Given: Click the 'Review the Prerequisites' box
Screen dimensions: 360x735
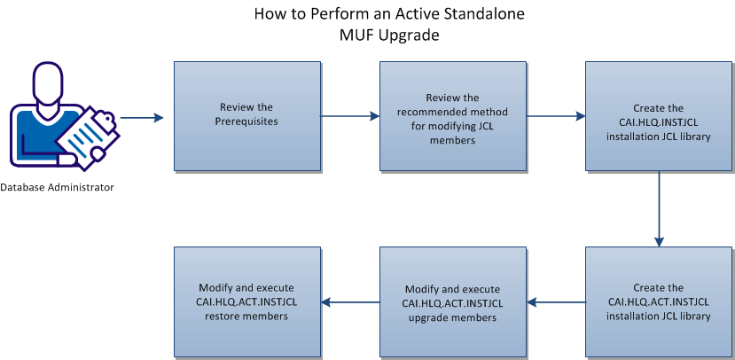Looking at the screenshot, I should tap(246, 116).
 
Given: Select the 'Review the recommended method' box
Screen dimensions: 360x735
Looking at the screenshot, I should tap(452, 116).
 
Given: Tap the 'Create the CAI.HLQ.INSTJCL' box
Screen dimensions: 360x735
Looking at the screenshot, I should tap(658, 116).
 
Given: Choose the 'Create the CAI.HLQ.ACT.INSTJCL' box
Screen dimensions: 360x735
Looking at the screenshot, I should tap(658, 302).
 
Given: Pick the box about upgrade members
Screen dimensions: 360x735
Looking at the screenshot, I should tap(452, 302).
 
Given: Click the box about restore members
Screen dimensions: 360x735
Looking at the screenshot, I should tap(246, 302).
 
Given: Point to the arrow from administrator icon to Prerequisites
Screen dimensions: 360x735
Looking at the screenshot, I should tap(142, 117).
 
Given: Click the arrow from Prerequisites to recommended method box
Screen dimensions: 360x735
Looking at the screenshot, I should tap(349, 116).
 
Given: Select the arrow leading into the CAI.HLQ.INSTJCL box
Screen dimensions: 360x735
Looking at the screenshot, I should tap(555, 116).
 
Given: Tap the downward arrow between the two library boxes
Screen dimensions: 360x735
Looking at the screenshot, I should tap(659, 208).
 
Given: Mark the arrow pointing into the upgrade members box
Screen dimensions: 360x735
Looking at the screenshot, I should tap(555, 302).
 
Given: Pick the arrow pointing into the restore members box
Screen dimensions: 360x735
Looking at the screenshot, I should tap(349, 302).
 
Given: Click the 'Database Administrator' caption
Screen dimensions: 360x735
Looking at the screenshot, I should tap(57, 187).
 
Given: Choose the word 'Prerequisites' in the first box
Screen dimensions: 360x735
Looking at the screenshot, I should tap(246, 122).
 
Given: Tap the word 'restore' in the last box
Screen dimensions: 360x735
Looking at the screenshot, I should tap(217, 315).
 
